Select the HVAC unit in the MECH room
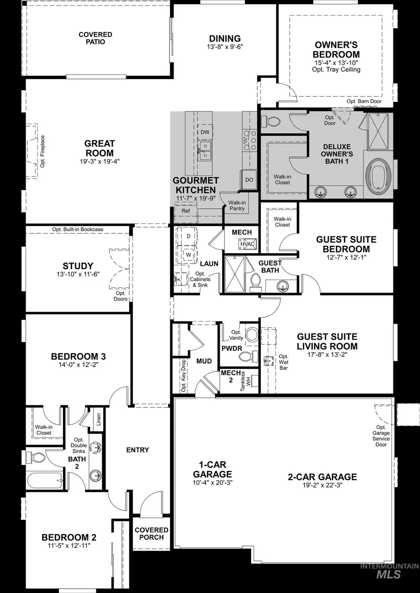click(x=246, y=244)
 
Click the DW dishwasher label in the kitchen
click(x=205, y=132)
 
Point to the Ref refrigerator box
click(x=186, y=211)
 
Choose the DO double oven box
click(x=249, y=180)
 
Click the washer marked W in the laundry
click(x=189, y=255)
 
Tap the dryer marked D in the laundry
click(x=189, y=236)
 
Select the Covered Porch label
click(x=151, y=533)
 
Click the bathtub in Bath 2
click(x=44, y=479)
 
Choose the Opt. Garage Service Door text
click(x=381, y=436)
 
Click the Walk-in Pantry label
click(x=237, y=205)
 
